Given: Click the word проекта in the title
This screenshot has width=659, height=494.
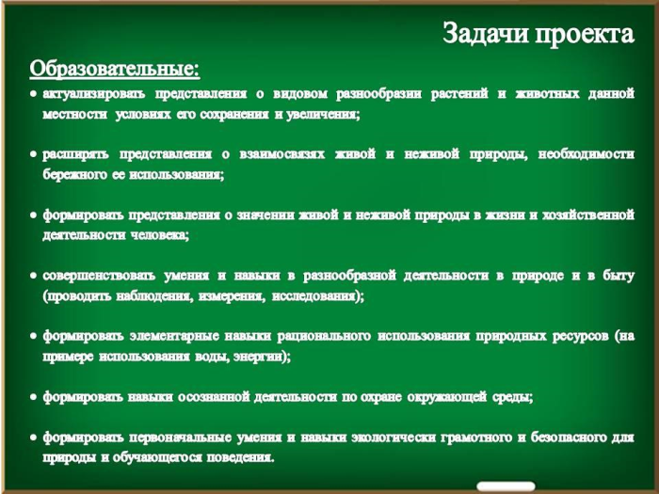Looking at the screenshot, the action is [x=585, y=35].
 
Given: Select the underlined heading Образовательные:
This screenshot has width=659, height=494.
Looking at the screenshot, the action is [x=114, y=69].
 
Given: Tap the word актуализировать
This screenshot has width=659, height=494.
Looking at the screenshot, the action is [x=94, y=94].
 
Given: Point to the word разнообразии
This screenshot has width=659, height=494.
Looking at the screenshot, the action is [x=378, y=94].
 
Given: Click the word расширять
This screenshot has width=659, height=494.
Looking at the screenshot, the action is [x=75, y=155].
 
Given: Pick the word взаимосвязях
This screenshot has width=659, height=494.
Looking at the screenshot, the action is [x=282, y=154].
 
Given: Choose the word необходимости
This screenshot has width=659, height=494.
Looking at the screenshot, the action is [x=587, y=154].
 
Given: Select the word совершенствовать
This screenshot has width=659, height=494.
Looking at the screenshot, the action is [x=99, y=276].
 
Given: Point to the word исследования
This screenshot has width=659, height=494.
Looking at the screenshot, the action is [x=318, y=296].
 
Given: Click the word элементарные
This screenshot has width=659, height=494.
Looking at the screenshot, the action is [x=174, y=337].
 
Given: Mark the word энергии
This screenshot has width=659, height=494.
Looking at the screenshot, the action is [x=262, y=357].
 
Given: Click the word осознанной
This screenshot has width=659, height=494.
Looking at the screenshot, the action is [x=214, y=397].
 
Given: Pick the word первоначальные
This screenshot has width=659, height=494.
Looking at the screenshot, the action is [x=181, y=438].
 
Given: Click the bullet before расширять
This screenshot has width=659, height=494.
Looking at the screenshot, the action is [x=33, y=154].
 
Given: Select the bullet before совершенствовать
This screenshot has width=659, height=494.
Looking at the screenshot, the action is [x=33, y=276].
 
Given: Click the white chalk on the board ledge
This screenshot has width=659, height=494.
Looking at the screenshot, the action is [x=506, y=486].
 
